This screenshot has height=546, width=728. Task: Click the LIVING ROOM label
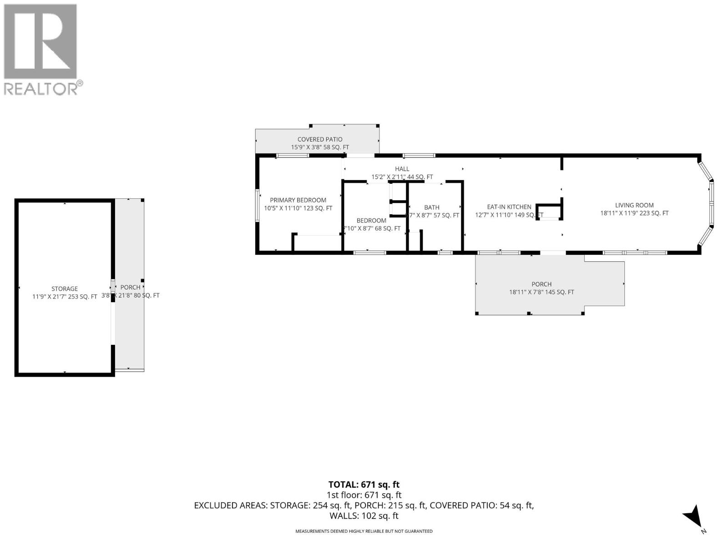tap(634, 205)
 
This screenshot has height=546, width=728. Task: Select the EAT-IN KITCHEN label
tap(509, 207)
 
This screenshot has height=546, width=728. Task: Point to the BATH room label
tap(432, 207)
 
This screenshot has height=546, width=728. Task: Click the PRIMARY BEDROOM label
tap(298, 200)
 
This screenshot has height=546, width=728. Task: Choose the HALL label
tap(402, 169)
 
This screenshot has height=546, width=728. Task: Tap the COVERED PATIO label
tap(320, 140)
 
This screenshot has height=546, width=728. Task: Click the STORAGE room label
tap(65, 289)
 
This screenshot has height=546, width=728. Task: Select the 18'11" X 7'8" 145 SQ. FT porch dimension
tap(541, 293)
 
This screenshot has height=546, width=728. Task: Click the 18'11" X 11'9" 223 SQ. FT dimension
tap(634, 213)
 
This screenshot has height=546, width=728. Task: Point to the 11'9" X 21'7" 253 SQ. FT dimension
tap(65, 297)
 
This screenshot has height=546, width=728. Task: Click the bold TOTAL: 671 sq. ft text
tap(364, 485)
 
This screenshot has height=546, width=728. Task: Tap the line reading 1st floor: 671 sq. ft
tap(364, 495)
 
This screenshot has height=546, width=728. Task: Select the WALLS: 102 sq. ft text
tap(364, 516)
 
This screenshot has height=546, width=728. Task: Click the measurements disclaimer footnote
tap(364, 531)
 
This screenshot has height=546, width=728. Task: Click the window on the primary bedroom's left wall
tap(258, 205)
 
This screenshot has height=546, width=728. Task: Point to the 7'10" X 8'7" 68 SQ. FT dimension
tap(371, 228)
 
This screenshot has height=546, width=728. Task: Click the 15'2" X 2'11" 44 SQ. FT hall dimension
tap(402, 177)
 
